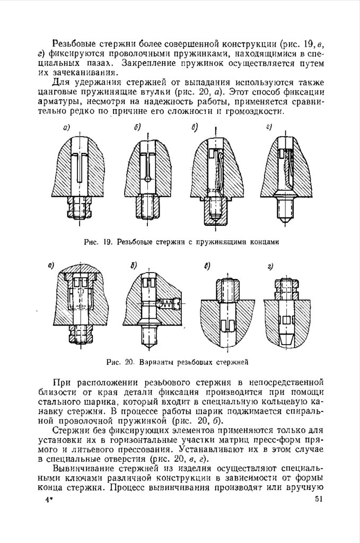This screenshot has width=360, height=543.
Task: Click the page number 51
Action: tap(318, 499)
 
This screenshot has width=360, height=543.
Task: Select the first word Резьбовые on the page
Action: tap(75, 42)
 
